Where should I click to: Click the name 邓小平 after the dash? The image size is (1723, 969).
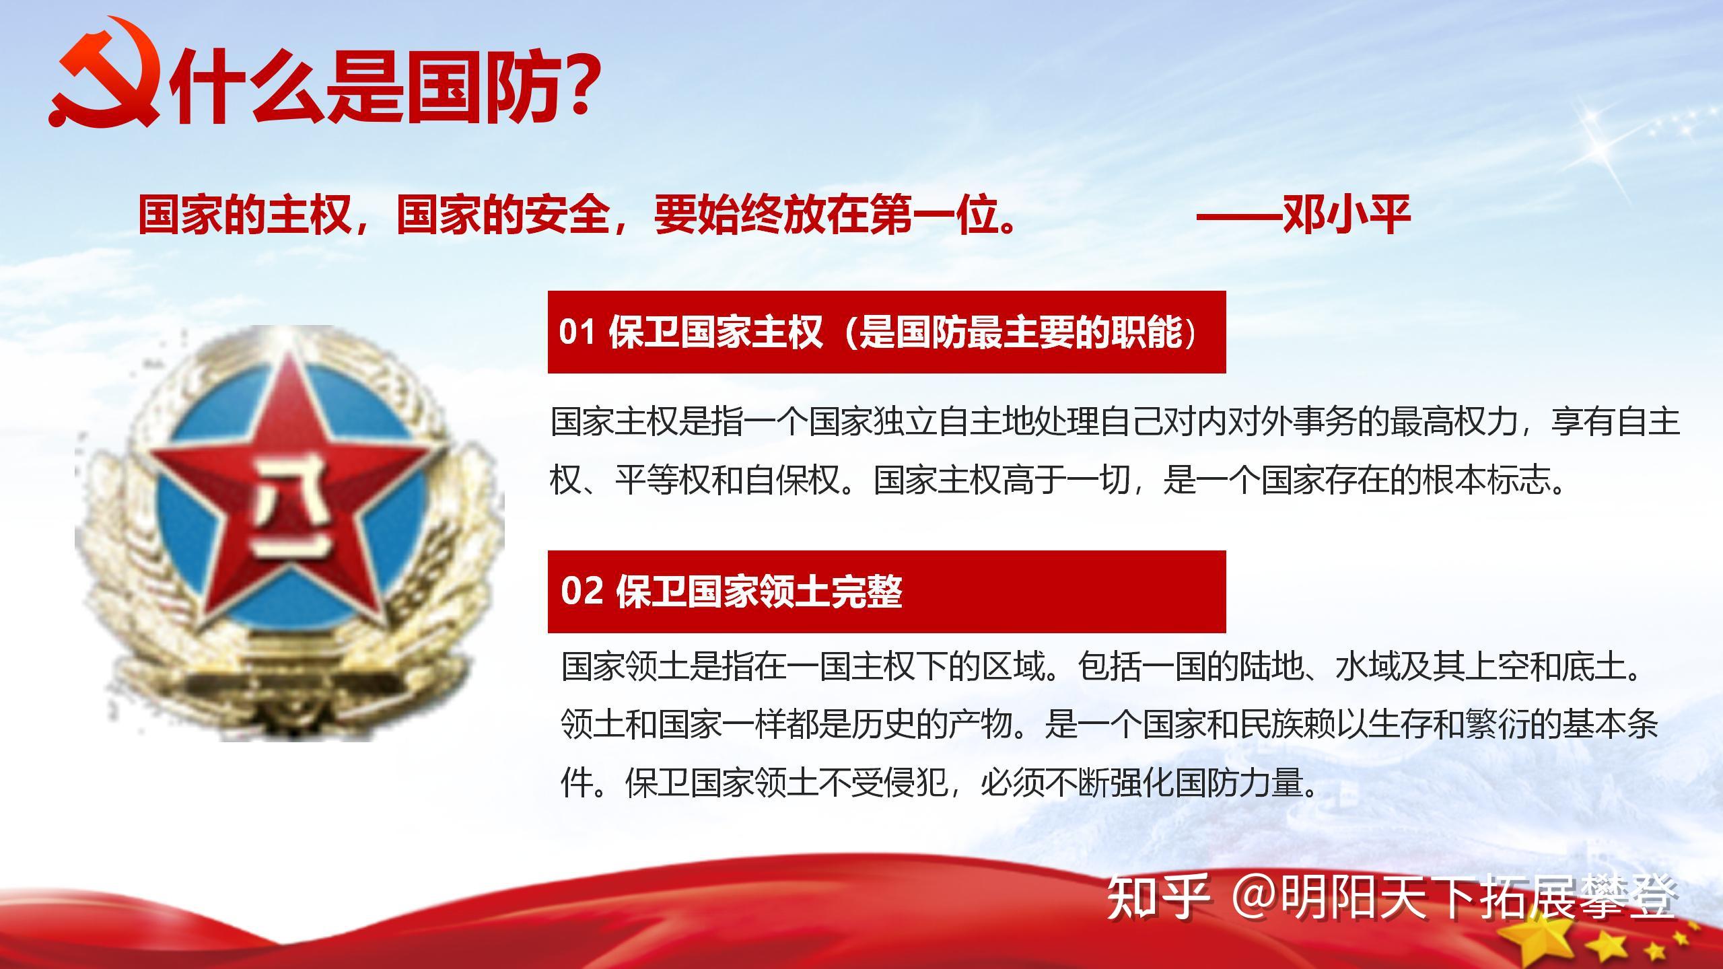click(1346, 215)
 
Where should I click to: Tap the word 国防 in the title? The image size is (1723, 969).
click(485, 87)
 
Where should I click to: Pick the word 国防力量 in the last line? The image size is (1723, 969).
click(1238, 783)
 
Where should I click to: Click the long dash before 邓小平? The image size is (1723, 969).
click(1238, 215)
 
